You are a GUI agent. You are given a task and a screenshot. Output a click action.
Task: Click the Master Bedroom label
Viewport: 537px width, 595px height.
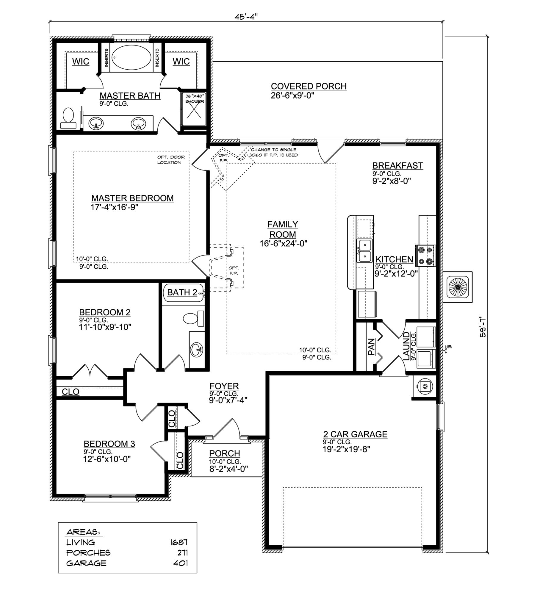click(x=132, y=198)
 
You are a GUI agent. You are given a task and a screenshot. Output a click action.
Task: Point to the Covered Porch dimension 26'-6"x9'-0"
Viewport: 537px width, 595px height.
click(x=292, y=96)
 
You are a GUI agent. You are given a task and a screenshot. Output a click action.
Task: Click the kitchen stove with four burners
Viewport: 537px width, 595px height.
click(x=425, y=255)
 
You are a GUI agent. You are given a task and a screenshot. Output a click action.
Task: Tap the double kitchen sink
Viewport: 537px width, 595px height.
click(x=364, y=250)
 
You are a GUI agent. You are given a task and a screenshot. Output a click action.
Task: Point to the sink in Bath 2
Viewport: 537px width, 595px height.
click(x=196, y=348)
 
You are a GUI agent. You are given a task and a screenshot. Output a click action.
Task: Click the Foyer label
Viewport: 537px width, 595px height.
click(x=224, y=386)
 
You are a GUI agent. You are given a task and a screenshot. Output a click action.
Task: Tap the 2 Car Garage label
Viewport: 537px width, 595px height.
click(x=355, y=434)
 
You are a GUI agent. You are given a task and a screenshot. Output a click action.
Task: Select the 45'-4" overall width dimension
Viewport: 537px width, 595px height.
click(x=246, y=17)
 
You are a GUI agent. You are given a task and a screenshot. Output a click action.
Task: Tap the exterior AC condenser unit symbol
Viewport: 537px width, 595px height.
click(x=458, y=287)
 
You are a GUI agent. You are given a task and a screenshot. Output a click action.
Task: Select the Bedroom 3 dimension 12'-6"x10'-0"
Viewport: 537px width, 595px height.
click(x=107, y=459)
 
